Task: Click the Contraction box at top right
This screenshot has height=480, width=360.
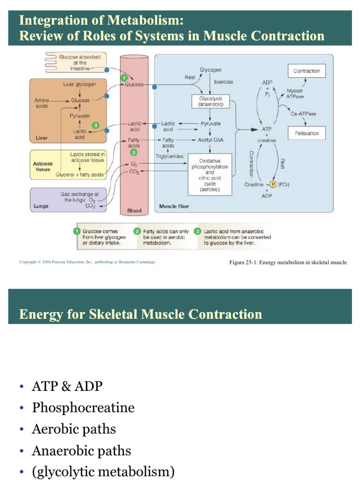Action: pos(307,71)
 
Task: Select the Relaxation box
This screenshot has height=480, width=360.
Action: pos(307,133)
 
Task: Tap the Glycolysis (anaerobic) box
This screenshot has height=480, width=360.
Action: pos(210,102)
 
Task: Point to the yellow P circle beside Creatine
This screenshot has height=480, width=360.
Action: pos(273,185)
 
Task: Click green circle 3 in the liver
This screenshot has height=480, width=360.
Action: pos(96,125)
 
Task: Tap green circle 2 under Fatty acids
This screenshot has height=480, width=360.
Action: pos(134,152)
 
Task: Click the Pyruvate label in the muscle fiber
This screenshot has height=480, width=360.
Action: pos(210,124)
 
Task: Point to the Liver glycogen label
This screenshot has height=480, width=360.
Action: pos(79,84)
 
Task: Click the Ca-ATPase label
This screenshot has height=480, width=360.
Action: pos(303,114)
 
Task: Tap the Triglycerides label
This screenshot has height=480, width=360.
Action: pos(169,156)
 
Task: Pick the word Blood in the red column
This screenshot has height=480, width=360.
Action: pos(135,211)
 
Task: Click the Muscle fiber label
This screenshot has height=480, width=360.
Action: pos(174,206)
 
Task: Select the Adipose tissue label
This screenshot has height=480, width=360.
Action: pos(43,166)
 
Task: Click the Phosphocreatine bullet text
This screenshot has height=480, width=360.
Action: pos(83,408)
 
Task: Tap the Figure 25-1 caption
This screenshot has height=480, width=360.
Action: pos(288,262)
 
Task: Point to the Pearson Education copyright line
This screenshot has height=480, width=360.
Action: pos(87,262)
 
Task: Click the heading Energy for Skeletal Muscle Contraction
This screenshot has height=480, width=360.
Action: pos(141,314)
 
